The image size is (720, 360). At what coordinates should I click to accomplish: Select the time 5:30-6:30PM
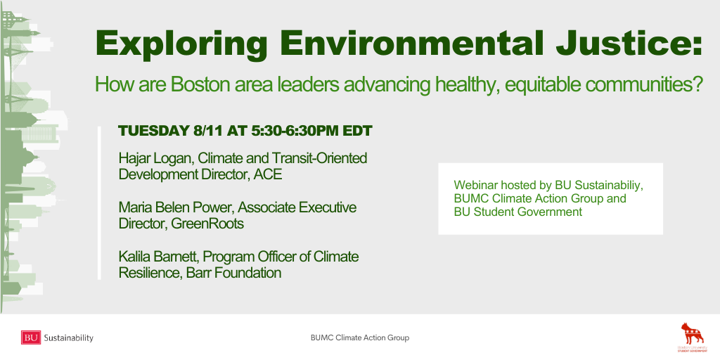(x=295, y=131)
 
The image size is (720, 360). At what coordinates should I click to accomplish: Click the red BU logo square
(x=31, y=337)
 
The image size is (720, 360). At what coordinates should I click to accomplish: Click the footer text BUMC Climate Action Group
(x=359, y=338)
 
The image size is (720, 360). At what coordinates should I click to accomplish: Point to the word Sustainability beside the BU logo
(x=68, y=338)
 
